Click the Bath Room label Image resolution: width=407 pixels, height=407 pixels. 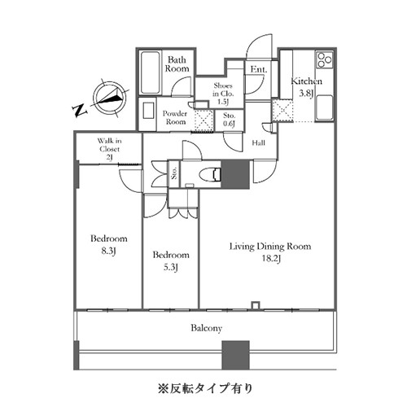[177, 64]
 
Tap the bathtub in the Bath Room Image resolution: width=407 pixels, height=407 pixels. [150, 72]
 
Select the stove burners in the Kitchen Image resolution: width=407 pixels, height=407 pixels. [325, 59]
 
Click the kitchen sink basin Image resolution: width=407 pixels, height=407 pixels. [324, 107]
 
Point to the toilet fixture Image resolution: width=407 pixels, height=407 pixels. [210, 174]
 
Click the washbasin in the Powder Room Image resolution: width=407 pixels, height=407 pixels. [148, 110]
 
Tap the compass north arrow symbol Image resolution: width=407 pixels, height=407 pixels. [110, 98]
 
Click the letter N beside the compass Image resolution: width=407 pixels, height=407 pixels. [80, 111]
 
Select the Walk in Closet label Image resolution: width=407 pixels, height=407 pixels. [109, 149]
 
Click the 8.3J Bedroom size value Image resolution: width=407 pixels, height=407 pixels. [108, 252]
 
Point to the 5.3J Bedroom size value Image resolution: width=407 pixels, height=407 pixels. [171, 268]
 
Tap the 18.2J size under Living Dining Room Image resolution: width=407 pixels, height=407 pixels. [271, 258]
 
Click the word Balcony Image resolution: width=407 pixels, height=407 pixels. [206, 328]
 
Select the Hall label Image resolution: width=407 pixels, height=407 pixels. [258, 142]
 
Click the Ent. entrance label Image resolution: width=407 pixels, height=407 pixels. [259, 69]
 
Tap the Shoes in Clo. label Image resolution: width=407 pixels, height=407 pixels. [223, 94]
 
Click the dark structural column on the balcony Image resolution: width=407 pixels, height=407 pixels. [235, 355]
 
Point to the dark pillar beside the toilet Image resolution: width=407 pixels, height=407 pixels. [235, 174]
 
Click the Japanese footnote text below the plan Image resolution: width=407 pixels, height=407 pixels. [205, 388]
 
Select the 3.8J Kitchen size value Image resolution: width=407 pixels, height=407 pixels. [306, 94]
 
